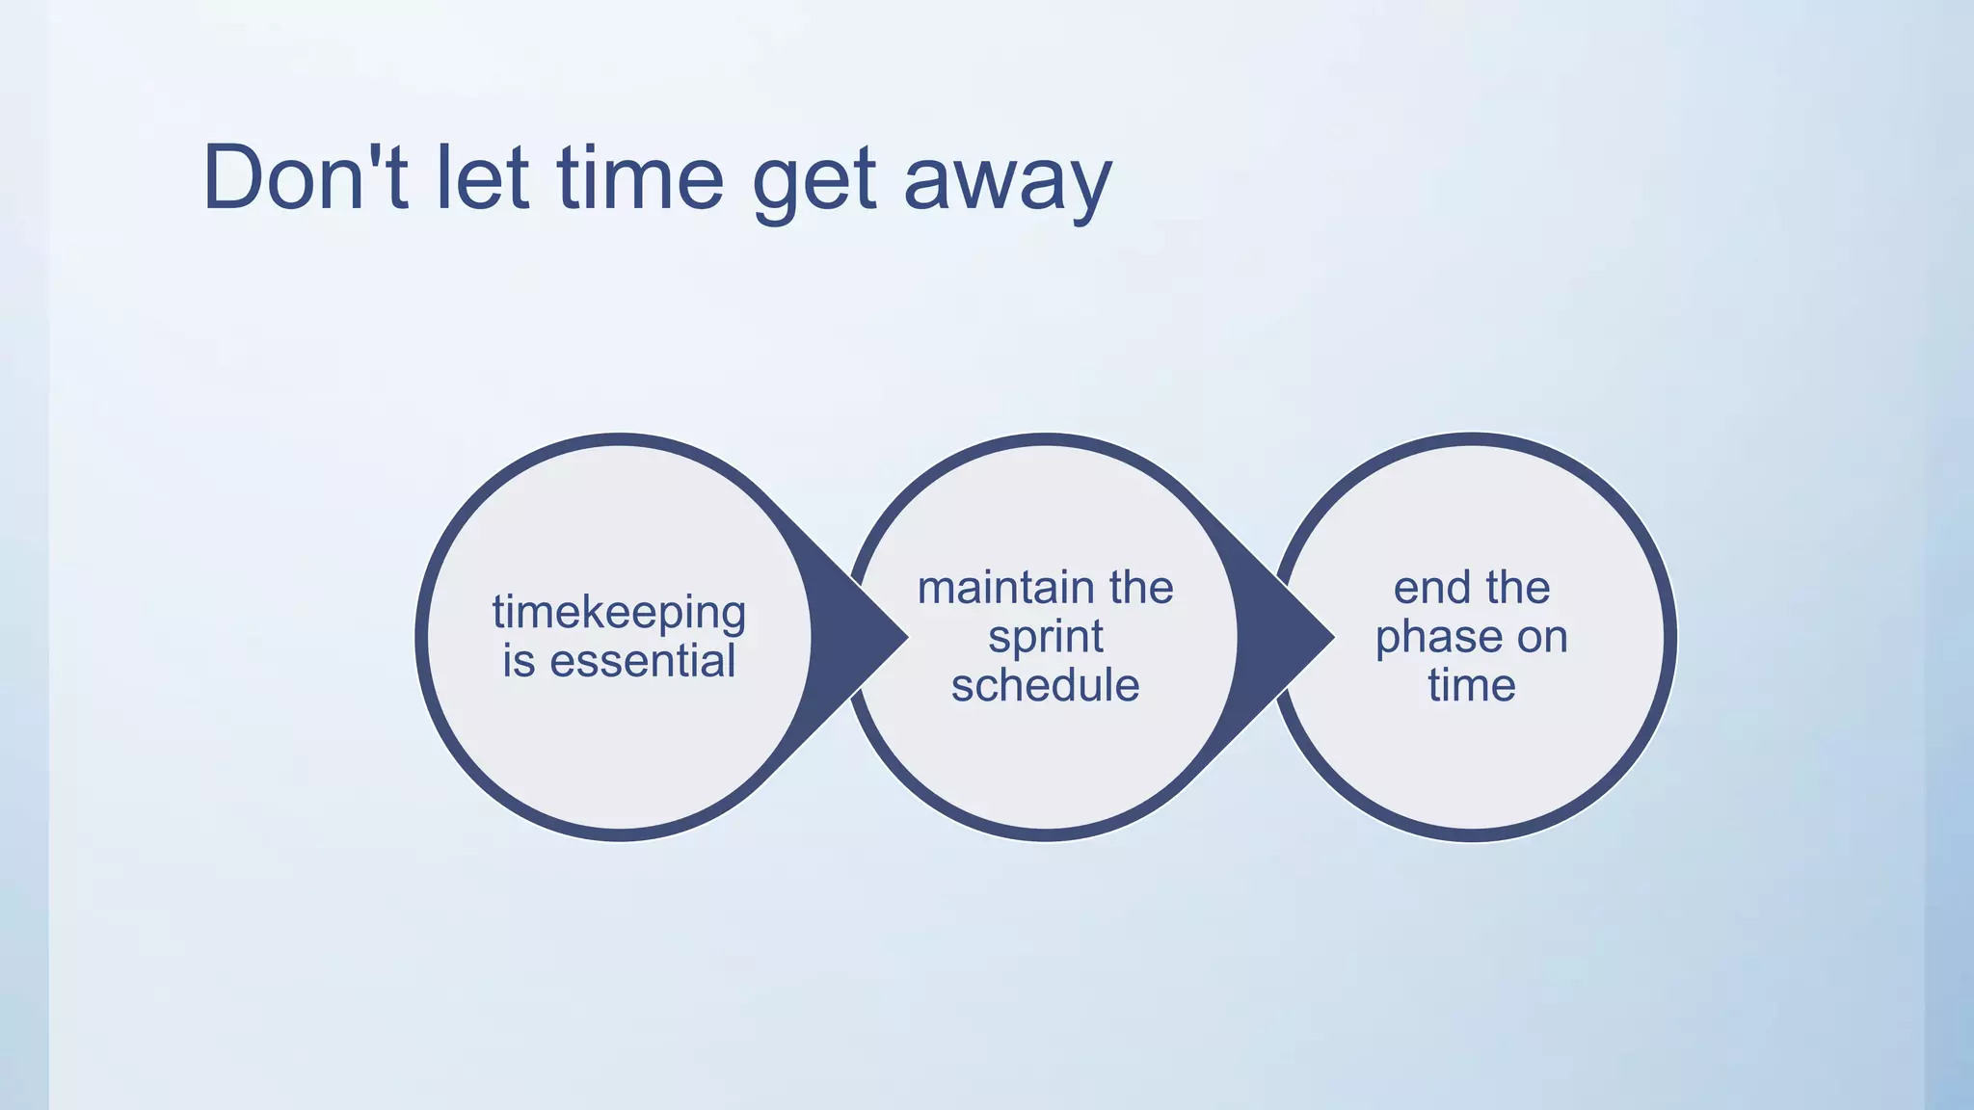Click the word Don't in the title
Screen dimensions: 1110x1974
click(x=305, y=178)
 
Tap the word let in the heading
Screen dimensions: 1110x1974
click(x=482, y=178)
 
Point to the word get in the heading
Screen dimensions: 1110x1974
click(x=814, y=183)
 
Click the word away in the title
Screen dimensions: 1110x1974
click(x=1008, y=183)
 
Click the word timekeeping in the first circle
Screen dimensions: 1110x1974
click(x=619, y=614)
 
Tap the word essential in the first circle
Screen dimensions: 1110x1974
click(x=643, y=662)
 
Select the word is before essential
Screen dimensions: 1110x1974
click(x=519, y=662)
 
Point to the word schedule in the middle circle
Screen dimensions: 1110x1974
click(x=1046, y=686)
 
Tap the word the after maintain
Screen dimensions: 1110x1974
click(x=1141, y=588)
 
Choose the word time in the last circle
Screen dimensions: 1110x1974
click(x=1472, y=686)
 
